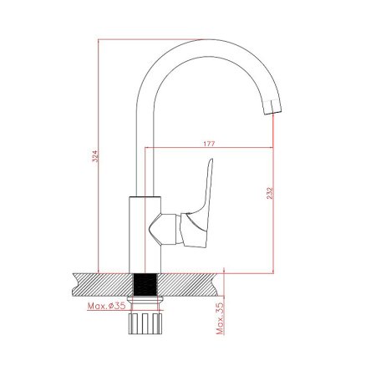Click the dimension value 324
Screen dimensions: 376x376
click(95, 156)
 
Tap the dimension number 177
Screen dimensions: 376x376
click(209, 144)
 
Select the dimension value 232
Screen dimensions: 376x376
click(270, 193)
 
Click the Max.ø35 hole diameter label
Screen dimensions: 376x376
click(106, 306)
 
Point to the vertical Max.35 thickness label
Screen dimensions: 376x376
click(220, 318)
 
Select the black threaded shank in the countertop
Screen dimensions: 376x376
click(145, 285)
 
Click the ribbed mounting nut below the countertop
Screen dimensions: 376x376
click(145, 323)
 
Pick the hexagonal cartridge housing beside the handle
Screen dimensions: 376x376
click(163, 229)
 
